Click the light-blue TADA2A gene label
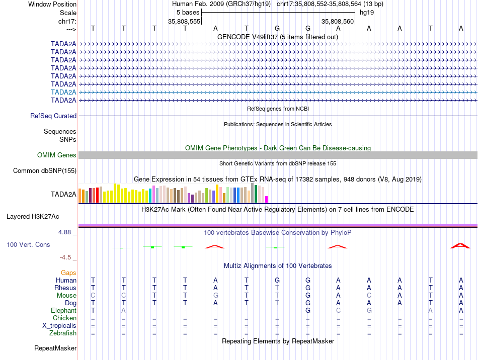pyautogui.click(x=63, y=92)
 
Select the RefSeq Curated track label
pyautogui.click(x=53, y=116)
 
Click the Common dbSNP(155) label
pyautogui.click(x=44, y=171)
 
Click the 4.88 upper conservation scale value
pyautogui.click(x=65, y=232)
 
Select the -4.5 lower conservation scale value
pyautogui.click(x=65, y=257)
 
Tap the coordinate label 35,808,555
pyautogui.click(x=184, y=21)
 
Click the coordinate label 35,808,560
pyautogui.click(x=338, y=21)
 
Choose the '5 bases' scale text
pyautogui.click(x=188, y=12)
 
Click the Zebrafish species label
pyautogui.click(x=63, y=333)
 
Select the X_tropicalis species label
pyautogui.click(x=59, y=325)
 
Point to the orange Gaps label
pyautogui.click(x=68, y=273)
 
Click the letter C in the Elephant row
pyautogui.click(x=338, y=311)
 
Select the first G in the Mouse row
pyautogui.click(x=215, y=295)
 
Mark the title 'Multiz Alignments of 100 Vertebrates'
pyautogui.click(x=277, y=265)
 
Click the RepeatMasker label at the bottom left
pyautogui.click(x=55, y=348)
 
